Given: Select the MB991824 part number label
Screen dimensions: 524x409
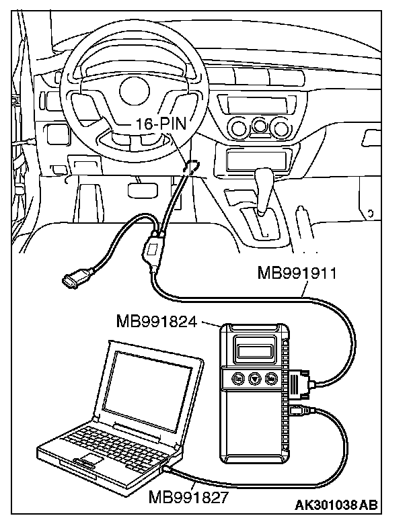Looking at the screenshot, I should [x=156, y=321].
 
